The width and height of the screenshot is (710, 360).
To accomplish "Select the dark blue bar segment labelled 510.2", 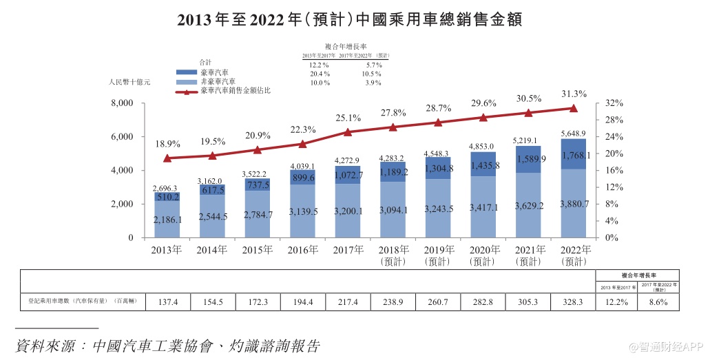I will pos(168,197).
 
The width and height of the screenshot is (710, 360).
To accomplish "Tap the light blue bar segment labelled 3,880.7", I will pos(573,204).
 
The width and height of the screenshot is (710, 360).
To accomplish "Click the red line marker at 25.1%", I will pos(348,132).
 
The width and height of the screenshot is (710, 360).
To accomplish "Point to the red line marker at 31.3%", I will pos(573,108).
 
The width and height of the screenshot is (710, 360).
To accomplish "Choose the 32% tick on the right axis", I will pos(614,103).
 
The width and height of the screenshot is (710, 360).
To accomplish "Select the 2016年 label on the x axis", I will pos(303,250).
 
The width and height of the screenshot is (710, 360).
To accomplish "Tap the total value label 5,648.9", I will pos(573,134).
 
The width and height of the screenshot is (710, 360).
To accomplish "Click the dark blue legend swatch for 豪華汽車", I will pos(187,72).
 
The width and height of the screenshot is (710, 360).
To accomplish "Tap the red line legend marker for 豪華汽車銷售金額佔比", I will pos(187,91).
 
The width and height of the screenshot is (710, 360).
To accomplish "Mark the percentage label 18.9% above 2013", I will pos(168,145).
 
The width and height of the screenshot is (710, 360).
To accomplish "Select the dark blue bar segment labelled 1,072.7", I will pos(348,176).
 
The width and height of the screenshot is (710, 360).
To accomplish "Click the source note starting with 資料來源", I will pos(167,345).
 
